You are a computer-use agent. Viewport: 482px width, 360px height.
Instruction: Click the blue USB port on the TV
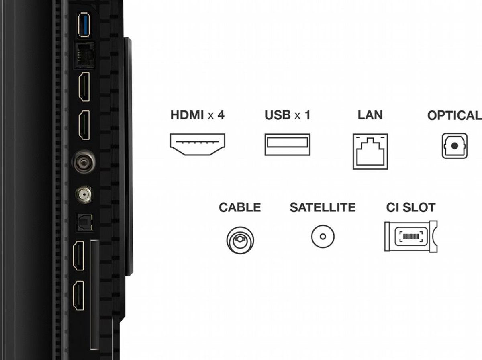coord(84,25)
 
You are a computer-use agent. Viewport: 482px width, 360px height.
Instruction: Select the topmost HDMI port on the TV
coord(84,86)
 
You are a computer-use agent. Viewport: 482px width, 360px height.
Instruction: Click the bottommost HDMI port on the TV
coord(78,295)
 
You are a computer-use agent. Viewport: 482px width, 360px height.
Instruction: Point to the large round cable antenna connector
coord(84,162)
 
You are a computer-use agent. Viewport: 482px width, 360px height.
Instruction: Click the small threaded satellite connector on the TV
coord(83,194)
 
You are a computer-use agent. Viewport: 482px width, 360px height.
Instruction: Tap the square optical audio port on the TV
coord(84,222)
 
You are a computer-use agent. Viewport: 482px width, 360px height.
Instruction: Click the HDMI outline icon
coord(197,144)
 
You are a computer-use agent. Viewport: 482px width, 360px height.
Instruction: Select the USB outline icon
coord(288,144)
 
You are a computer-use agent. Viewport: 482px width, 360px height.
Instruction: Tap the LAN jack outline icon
coord(370,151)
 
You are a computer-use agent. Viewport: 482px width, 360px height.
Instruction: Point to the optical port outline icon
coord(455,145)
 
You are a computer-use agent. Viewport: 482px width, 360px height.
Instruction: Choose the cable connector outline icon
coord(240,240)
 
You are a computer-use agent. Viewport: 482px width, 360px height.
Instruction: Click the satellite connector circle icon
coord(323,237)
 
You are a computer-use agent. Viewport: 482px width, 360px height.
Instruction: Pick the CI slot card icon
coord(411,236)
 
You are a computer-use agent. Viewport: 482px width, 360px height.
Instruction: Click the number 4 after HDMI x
coord(221,115)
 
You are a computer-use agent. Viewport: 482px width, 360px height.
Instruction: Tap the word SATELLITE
coord(323,207)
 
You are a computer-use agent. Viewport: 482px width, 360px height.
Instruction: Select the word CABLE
coord(240,207)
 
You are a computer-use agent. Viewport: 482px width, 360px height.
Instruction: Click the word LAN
coord(370,115)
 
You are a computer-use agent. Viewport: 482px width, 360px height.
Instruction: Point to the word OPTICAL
coord(455,115)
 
